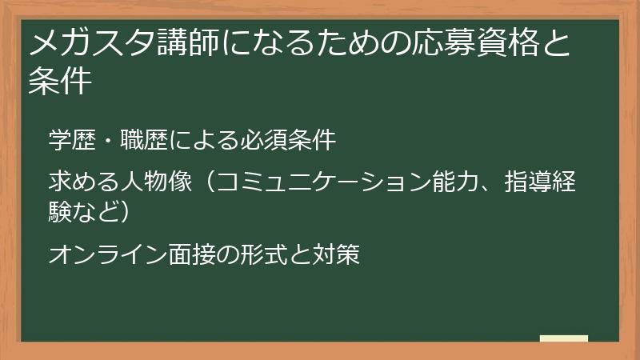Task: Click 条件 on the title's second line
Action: coord(59,82)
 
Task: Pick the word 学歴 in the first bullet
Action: coord(69,140)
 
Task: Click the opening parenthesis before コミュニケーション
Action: coord(202,182)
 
